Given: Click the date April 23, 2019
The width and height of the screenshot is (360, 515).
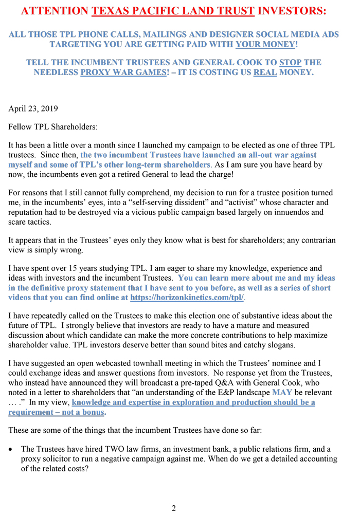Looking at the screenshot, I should point(33,108).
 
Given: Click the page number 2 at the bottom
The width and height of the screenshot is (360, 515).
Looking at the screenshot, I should point(174,508).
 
